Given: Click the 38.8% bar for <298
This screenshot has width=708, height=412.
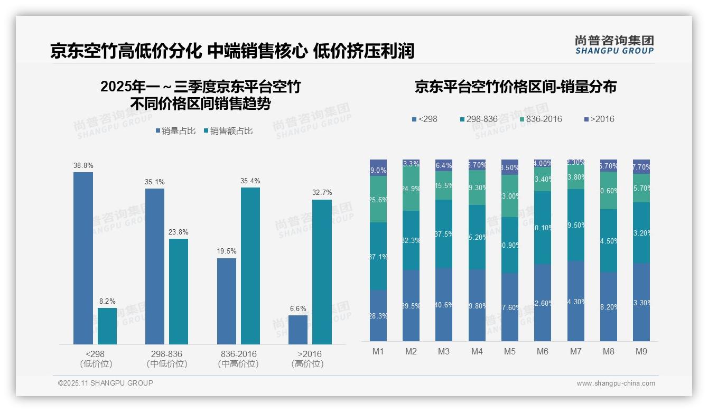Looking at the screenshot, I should click(x=83, y=258).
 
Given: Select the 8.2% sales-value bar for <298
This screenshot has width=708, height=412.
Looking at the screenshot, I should click(x=107, y=326).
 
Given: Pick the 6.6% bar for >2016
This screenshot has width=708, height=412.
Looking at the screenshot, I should click(x=298, y=330).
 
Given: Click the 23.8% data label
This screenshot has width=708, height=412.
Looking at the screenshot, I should click(x=179, y=232).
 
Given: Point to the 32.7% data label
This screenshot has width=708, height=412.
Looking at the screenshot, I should click(x=322, y=193).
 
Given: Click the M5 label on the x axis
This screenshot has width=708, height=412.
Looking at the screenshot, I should click(x=509, y=351).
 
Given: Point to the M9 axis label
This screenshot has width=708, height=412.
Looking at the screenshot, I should click(x=641, y=351).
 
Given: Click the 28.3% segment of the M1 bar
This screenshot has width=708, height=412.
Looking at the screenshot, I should click(x=378, y=315).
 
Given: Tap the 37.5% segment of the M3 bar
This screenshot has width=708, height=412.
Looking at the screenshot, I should click(x=444, y=234).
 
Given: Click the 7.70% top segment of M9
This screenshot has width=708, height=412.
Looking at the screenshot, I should click(x=641, y=166).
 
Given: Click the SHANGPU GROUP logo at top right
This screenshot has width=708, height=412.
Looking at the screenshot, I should click(x=614, y=45).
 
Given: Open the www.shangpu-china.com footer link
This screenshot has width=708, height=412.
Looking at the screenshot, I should click(x=616, y=383).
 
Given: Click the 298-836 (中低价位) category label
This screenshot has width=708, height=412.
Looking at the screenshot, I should click(x=167, y=359).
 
